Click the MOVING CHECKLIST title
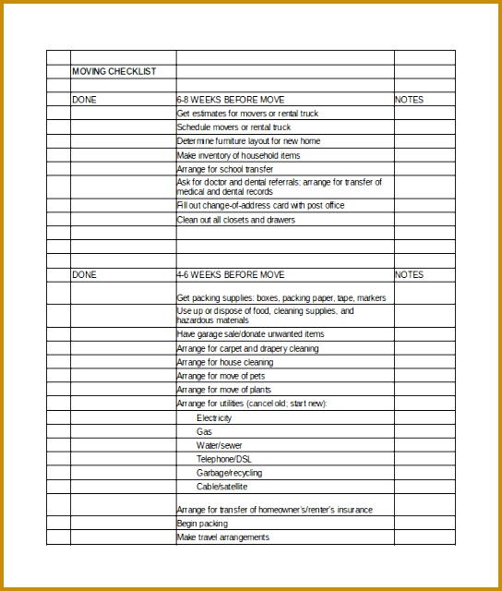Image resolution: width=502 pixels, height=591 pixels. (x=114, y=71)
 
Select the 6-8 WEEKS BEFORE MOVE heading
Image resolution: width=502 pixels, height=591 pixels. (x=230, y=99)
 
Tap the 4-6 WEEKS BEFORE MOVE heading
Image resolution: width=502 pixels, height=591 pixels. (x=230, y=274)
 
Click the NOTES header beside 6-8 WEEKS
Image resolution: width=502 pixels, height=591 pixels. (x=409, y=99)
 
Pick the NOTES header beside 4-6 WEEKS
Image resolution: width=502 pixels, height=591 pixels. (x=409, y=274)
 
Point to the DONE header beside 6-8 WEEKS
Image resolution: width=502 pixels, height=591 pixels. (x=84, y=99)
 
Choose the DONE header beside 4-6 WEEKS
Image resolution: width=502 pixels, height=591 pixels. (x=84, y=274)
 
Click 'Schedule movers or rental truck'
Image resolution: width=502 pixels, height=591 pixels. (x=233, y=127)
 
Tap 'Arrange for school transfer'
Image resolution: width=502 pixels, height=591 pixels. (x=225, y=169)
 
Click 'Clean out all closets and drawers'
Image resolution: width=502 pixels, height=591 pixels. (x=236, y=220)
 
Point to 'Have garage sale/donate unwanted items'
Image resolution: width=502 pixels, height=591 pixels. (x=250, y=334)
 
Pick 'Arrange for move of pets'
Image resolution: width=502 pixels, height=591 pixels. (x=221, y=376)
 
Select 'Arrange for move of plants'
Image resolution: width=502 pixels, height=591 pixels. (x=223, y=390)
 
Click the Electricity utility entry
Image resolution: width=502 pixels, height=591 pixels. (x=214, y=418)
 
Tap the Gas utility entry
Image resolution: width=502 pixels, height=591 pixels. (x=204, y=431)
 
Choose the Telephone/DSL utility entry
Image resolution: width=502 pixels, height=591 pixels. (x=223, y=459)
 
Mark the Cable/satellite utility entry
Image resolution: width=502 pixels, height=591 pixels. (x=221, y=487)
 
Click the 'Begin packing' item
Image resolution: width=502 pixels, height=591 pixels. (x=201, y=524)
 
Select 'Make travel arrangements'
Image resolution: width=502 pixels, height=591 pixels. (x=222, y=537)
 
